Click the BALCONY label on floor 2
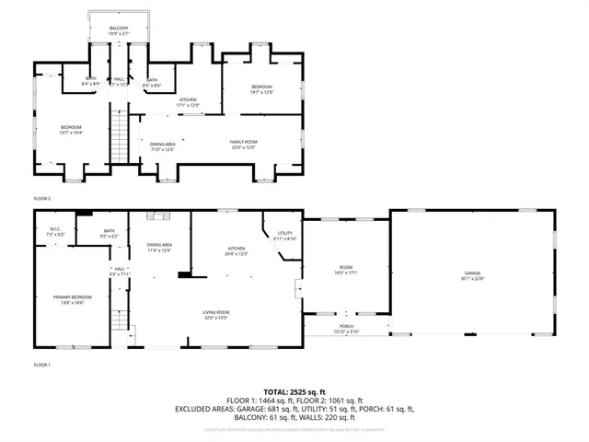[x=119, y=29]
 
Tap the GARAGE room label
[x=472, y=272]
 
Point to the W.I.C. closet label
[x=55, y=230]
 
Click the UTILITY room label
[x=284, y=234]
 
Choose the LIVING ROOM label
[x=216, y=312]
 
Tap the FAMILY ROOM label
[x=243, y=142]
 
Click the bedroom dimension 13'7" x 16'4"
[x=71, y=133]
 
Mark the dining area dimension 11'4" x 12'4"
[x=159, y=250]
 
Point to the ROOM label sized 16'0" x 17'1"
[x=344, y=273]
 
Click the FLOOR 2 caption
[x=42, y=199]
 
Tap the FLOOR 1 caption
[x=42, y=365]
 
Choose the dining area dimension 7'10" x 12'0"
[x=163, y=148]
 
